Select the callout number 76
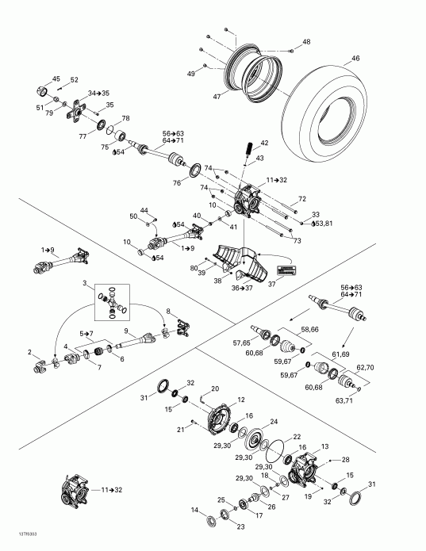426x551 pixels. pos(177,183)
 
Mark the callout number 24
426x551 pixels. pos(275,422)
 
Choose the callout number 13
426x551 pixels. pos(324,447)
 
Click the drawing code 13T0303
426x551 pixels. pos(16,544)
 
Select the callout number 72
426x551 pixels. pos(301,199)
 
